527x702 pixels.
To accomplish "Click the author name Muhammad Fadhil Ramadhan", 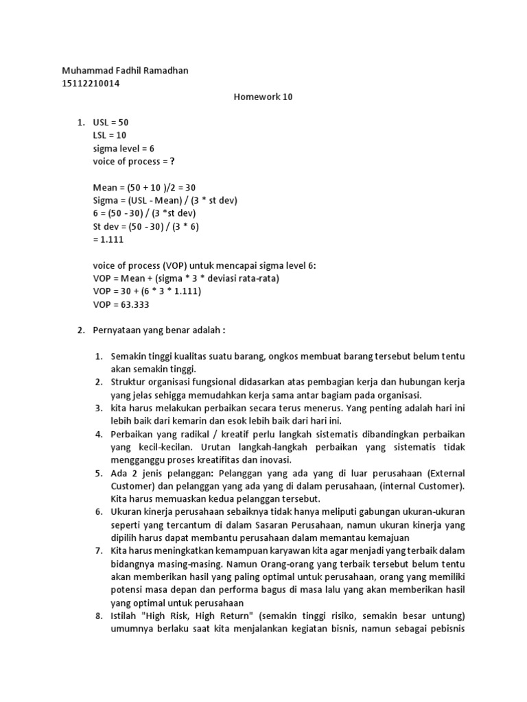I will [125, 71].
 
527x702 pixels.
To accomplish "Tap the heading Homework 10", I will [263, 97].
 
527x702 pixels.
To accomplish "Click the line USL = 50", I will [111, 122].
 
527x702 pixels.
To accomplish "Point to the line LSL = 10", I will [110, 135].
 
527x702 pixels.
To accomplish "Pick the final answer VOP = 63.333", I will [121, 304].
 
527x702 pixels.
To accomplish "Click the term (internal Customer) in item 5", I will [421, 486].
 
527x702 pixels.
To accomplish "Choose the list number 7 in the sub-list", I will [98, 550].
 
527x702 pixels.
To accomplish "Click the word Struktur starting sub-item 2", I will [128, 382].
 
